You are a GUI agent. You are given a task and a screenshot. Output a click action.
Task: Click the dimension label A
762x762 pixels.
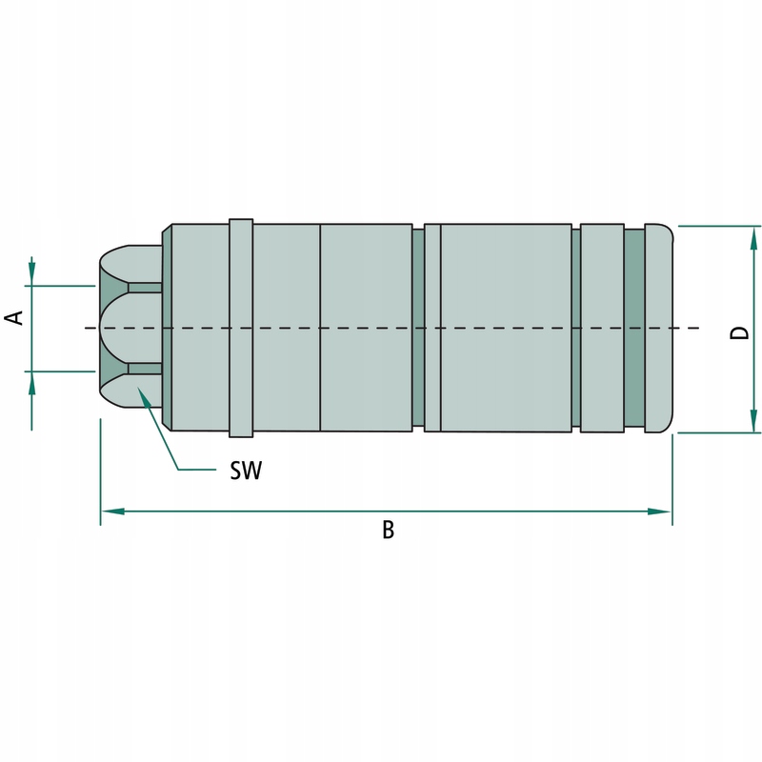tap(15, 317)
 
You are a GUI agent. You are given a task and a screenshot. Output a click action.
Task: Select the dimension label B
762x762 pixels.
tap(388, 531)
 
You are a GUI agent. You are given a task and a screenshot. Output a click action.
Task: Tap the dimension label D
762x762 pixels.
tap(740, 331)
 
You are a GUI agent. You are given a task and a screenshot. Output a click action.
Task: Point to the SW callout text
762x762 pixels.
tap(245, 471)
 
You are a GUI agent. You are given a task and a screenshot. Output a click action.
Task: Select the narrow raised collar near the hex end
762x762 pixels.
tap(241, 328)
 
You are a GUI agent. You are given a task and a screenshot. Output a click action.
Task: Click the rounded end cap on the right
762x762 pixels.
tap(659, 328)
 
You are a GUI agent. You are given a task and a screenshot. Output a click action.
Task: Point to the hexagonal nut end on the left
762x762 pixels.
tap(129, 328)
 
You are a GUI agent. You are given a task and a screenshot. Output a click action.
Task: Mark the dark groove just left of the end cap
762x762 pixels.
tap(633, 328)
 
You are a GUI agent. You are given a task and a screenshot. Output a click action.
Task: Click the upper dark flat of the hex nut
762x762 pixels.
tap(145, 287)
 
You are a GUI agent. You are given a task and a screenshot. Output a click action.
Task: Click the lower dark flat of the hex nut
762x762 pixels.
tap(145, 369)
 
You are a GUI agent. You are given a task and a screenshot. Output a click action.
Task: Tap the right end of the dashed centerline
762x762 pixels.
tap(698, 328)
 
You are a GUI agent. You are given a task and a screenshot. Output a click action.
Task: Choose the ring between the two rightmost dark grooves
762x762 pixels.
tap(601, 328)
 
